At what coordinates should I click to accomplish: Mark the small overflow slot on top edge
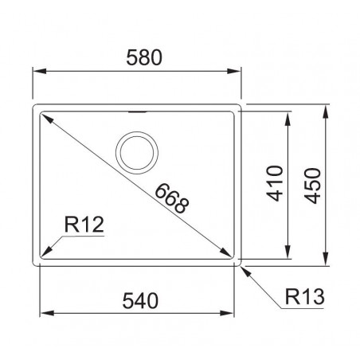click(139, 112)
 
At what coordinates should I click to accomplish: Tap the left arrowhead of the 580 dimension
click(37, 72)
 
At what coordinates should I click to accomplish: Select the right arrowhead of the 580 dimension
click(237, 72)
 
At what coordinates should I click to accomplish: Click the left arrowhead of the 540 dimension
click(45, 312)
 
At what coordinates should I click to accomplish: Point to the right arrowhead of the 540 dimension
click(231, 312)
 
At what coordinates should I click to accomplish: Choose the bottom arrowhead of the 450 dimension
click(327, 260)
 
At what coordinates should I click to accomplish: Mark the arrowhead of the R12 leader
click(46, 251)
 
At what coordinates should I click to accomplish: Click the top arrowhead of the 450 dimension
click(327, 108)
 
